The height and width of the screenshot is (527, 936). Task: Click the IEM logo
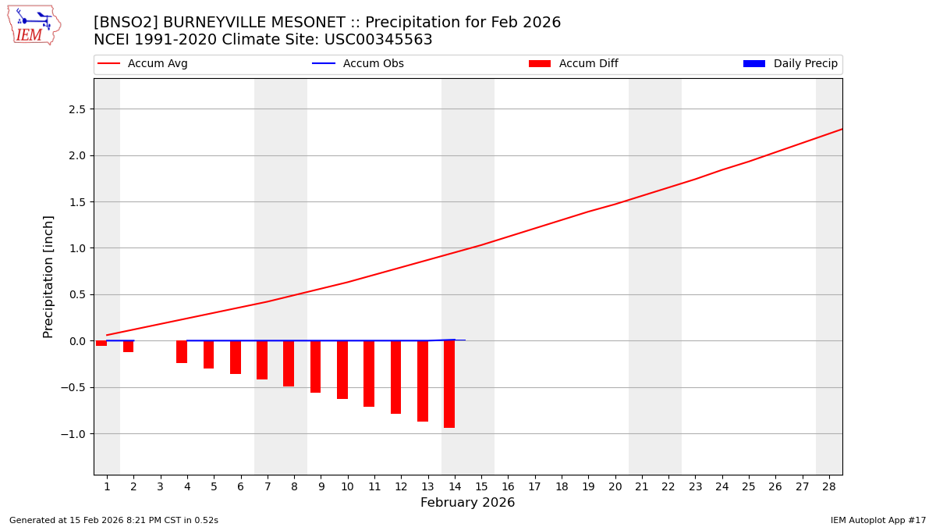[x=34, y=25]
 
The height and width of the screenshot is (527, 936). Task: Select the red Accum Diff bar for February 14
[x=449, y=383]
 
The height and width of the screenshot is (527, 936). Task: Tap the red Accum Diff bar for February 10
[x=342, y=369]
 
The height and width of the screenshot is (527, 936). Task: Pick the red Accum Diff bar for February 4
[x=182, y=351]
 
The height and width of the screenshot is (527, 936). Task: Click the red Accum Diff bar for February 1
[x=101, y=343]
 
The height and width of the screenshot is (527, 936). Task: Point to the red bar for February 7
[x=262, y=360]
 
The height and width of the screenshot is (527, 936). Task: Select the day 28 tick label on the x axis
[x=829, y=486]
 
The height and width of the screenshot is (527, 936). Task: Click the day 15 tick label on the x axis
[x=481, y=486]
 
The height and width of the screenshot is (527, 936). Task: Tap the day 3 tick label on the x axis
[x=161, y=486]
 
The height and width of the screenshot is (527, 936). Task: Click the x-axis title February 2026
[x=467, y=503]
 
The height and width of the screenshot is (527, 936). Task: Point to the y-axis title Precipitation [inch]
[x=48, y=276]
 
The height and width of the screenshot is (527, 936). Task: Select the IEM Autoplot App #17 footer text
[x=877, y=520]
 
